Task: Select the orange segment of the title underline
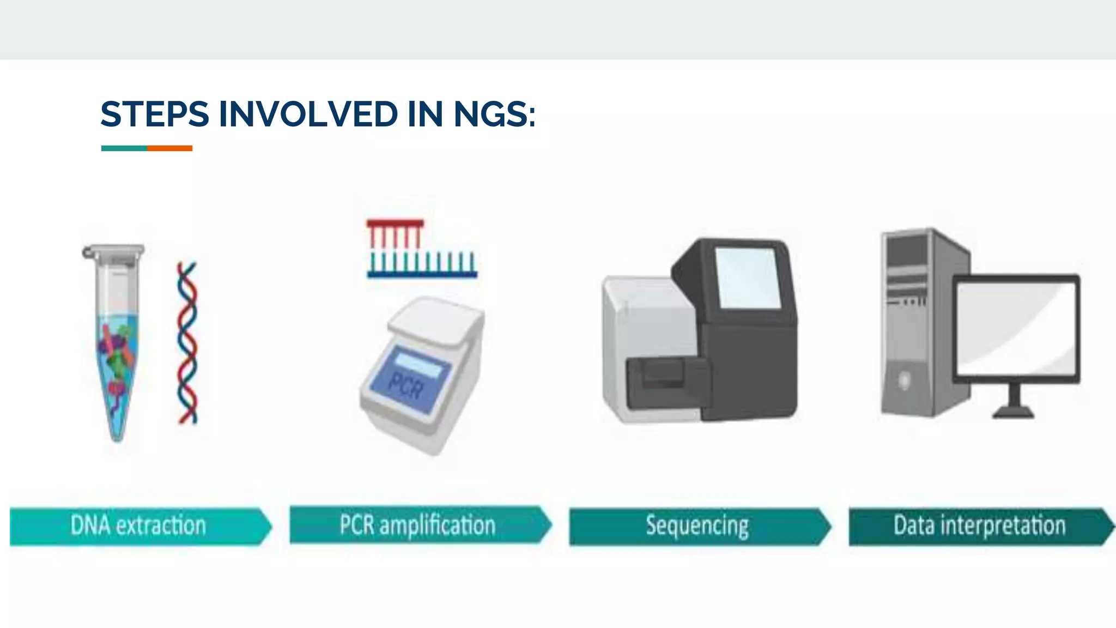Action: click(169, 148)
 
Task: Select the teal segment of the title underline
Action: click(124, 148)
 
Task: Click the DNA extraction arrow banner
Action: click(139, 526)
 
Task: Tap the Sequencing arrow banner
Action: click(697, 526)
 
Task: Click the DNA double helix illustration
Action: click(187, 343)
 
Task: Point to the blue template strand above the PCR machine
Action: click(422, 274)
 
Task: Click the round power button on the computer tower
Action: click(904, 380)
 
